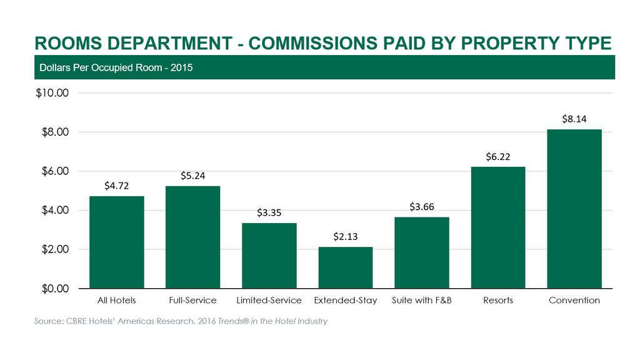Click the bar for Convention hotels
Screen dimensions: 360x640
574,209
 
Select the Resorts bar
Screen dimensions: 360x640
497,227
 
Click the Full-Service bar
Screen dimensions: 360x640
192,237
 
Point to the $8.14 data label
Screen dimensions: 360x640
574,119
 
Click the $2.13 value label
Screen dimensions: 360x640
345,236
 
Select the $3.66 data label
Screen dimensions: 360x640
422,206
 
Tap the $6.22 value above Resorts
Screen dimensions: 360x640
498,156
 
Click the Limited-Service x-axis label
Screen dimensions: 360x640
269,301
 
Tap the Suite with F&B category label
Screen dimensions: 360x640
422,301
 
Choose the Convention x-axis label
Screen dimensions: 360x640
574,301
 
